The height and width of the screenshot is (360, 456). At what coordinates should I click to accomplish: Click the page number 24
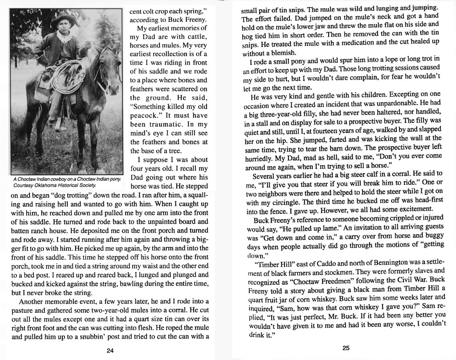point(110,350)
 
